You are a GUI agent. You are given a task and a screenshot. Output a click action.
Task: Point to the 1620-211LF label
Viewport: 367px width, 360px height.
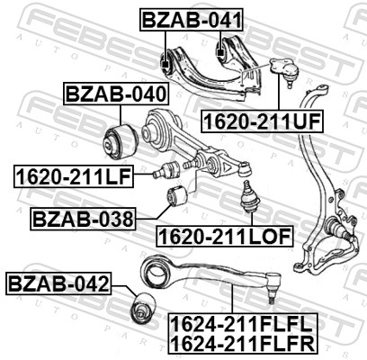[x=72, y=175]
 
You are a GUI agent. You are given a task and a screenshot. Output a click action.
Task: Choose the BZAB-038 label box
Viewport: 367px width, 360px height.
[x=83, y=218]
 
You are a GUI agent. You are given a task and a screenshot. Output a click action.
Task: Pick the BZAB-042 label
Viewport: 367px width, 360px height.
[x=58, y=285]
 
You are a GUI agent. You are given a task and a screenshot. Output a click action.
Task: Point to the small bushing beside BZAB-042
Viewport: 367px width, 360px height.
[x=140, y=308]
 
